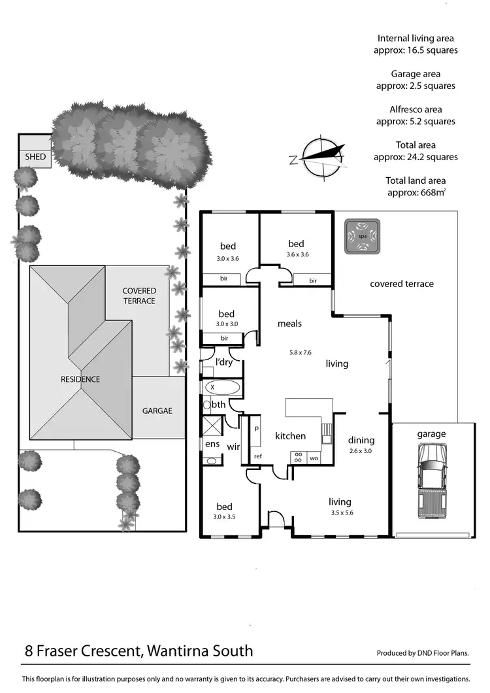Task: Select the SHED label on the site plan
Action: click(x=35, y=157)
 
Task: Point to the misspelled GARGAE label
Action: click(x=157, y=411)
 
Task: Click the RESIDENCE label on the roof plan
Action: click(x=81, y=379)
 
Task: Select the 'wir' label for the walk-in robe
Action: click(x=233, y=448)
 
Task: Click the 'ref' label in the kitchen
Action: click(x=257, y=456)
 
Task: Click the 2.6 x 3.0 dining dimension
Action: click(x=361, y=451)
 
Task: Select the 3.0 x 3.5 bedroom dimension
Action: click(x=225, y=517)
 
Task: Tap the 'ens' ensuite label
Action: click(x=212, y=444)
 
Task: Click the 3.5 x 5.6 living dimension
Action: click(x=340, y=513)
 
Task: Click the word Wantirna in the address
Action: click(x=178, y=651)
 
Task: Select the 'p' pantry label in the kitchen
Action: click(x=256, y=428)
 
